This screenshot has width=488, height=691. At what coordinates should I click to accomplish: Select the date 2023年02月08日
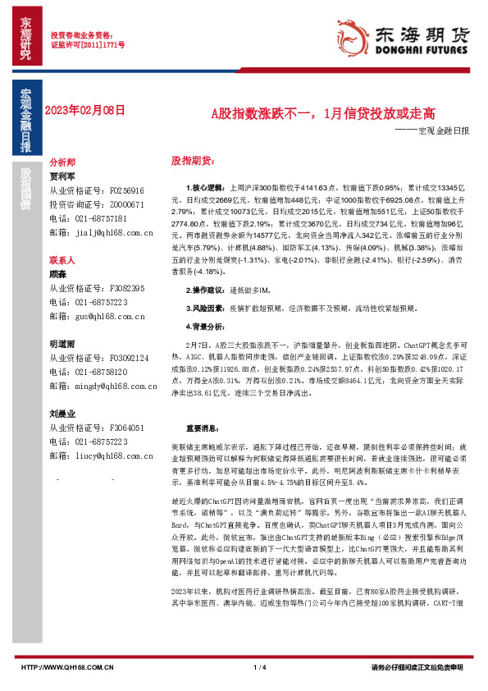coord(85,108)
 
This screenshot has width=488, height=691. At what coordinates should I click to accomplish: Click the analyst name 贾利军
coord(62,176)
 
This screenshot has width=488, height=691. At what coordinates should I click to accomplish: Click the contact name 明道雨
coord(62,345)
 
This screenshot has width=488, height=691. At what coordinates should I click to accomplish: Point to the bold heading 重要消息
coord(202,428)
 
